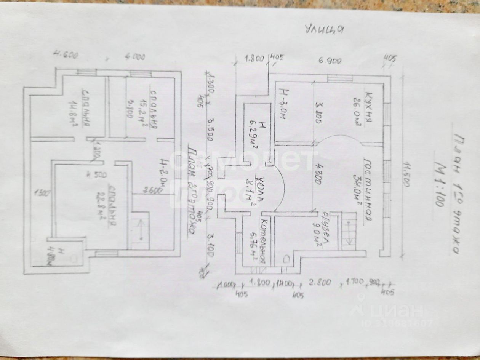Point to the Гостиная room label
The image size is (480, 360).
point(368,190)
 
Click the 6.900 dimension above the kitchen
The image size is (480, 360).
point(330,60)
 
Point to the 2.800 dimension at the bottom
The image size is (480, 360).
point(320,283)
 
